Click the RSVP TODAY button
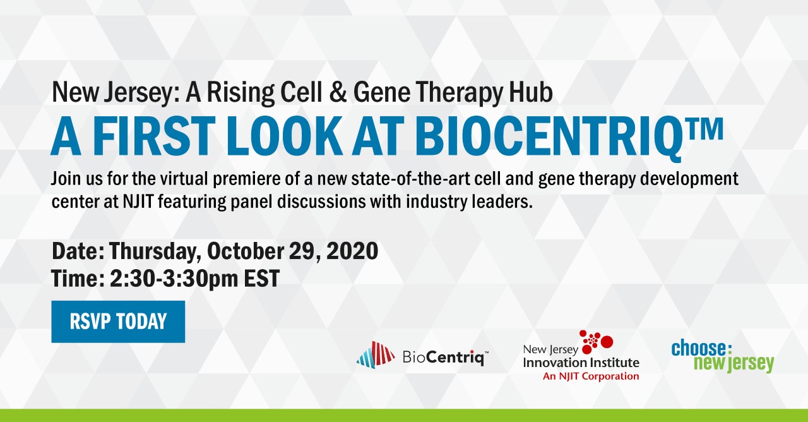click(x=118, y=322)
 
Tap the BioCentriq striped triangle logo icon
click(x=376, y=354)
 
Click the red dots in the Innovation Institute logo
click(x=596, y=342)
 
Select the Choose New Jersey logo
click(x=722, y=356)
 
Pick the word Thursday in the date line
click(x=155, y=251)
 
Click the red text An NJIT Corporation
click(x=591, y=377)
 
